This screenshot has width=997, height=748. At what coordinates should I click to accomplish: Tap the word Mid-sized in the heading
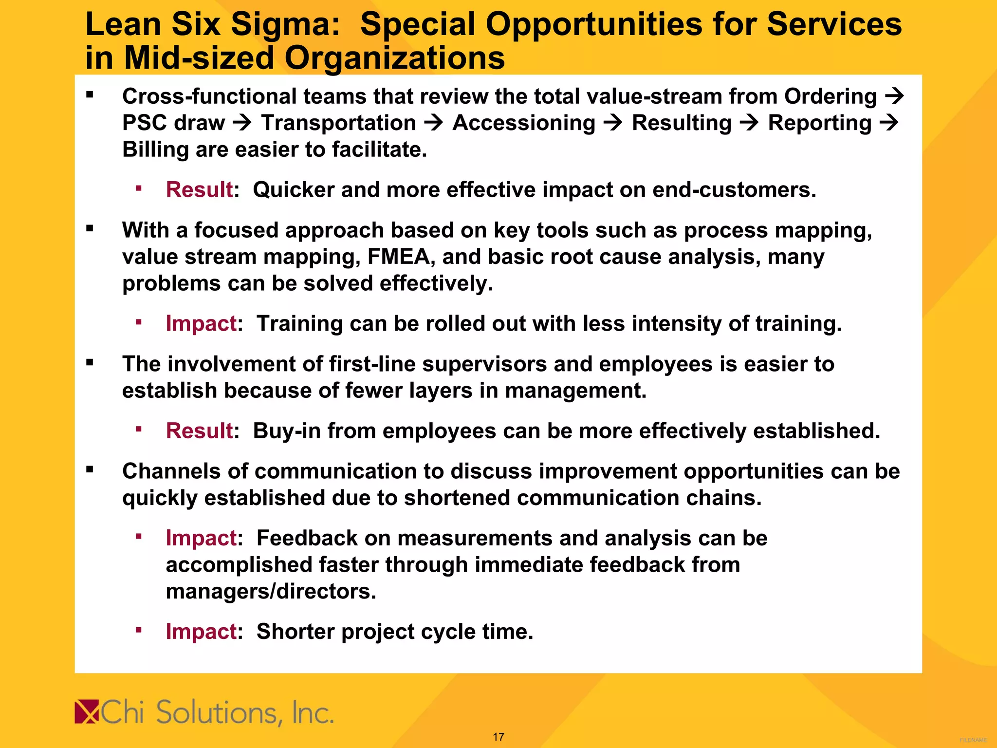click(199, 58)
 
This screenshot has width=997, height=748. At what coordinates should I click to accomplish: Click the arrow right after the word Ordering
click(894, 96)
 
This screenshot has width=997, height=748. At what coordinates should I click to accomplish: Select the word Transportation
click(338, 123)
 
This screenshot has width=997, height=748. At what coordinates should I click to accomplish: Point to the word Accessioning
click(524, 123)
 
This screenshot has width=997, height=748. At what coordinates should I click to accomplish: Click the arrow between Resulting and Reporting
click(749, 123)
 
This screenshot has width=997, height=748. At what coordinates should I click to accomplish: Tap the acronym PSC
click(144, 123)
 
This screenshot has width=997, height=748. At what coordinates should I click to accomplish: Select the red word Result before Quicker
click(200, 189)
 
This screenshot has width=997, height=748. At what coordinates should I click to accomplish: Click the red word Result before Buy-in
click(200, 430)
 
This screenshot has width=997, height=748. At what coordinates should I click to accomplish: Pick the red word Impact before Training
click(201, 323)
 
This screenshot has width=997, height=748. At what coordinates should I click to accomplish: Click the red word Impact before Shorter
click(201, 631)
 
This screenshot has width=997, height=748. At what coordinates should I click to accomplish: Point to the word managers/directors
click(271, 591)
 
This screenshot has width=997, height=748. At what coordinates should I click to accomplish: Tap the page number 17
click(498, 737)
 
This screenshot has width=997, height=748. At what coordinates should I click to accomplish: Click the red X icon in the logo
click(87, 712)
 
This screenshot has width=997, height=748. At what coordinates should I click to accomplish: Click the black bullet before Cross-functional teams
click(90, 95)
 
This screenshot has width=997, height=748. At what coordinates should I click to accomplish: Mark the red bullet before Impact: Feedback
click(139, 537)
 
